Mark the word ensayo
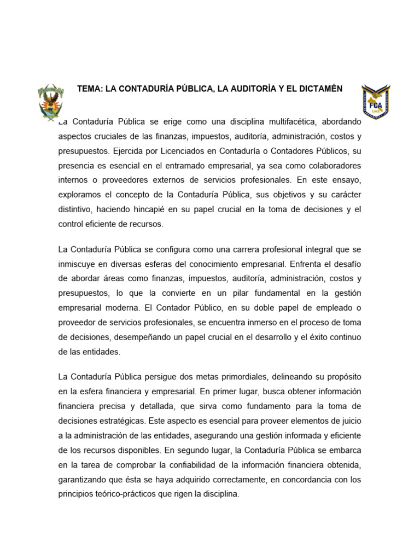point(346,180)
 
